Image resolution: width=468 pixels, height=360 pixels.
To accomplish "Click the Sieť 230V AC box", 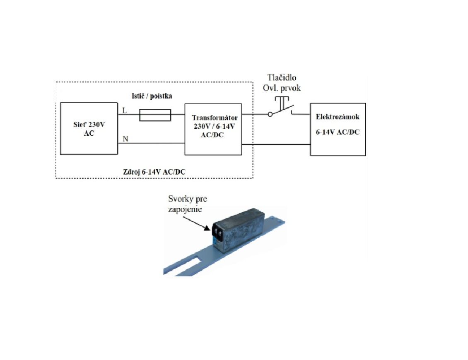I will point(89,129).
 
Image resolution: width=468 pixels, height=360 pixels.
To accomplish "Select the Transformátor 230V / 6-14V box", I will point(213,129).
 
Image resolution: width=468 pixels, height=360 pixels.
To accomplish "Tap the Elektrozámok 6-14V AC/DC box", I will point(338,129).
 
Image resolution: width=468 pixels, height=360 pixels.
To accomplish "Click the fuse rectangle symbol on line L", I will point(155,115).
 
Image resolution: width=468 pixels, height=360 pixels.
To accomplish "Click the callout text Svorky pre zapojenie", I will point(188,204).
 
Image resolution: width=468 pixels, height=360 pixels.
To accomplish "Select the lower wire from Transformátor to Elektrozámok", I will point(276,144).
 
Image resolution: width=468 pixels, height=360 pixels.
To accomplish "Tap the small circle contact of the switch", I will point(270,114).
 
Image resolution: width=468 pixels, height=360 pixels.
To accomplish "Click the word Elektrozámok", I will point(338,117).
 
